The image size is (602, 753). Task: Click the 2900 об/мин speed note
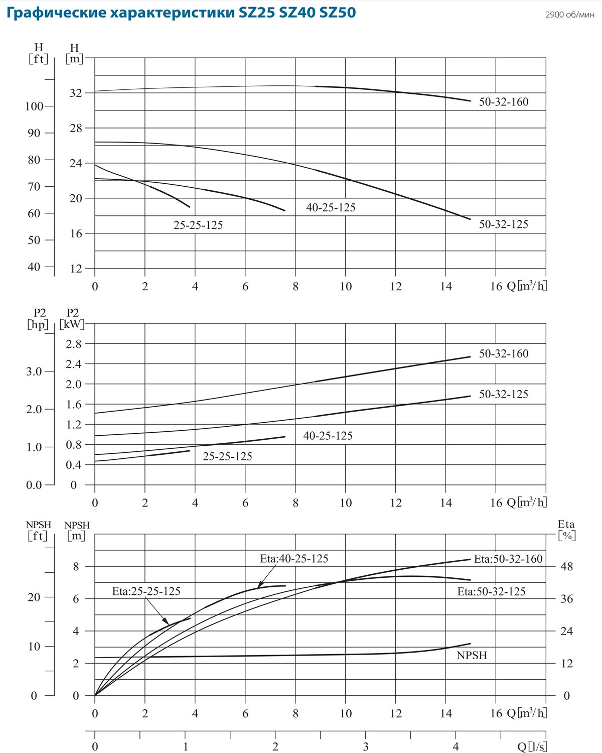pos(570,15)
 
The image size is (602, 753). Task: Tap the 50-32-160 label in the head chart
pos(504,102)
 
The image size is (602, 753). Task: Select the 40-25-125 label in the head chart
pos(331,207)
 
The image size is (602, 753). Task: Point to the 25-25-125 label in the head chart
pos(198,225)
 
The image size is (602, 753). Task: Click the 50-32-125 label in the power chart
pos(504,395)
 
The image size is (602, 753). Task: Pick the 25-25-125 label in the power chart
pos(227,456)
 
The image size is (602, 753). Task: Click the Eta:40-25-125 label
pos(294,559)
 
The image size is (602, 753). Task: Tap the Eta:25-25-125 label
pos(146,591)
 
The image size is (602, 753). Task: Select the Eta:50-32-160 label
pos(508,559)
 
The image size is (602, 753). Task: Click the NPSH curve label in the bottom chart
pos(472,655)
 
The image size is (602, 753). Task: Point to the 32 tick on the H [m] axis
pos(76,93)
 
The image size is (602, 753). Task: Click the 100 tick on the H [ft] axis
pos(35,106)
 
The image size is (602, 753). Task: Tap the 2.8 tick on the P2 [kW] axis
pos(73,344)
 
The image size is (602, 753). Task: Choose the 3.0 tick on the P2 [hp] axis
pos(34,371)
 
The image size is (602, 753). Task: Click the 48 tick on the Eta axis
pos(566,567)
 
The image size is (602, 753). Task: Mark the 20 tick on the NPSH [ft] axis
pos(34,597)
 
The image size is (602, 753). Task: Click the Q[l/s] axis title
pos(532,747)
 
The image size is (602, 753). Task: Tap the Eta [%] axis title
pos(566,530)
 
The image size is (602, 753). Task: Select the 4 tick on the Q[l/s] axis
pos(456,747)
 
